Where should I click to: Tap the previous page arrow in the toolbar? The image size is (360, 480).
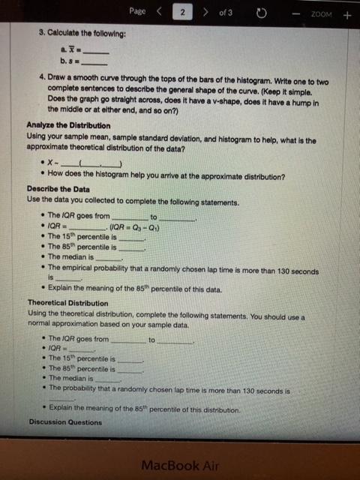pos(159,13)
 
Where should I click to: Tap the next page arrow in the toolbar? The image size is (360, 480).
pos(205,13)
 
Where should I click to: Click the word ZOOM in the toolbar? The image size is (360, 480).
pos(320,13)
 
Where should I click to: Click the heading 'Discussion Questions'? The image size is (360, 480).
pos(66,421)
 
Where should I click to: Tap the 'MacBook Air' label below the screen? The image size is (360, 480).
pos(181,465)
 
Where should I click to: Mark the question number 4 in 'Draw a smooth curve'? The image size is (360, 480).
pos(42,77)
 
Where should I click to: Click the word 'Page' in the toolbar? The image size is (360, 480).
pos(136,12)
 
